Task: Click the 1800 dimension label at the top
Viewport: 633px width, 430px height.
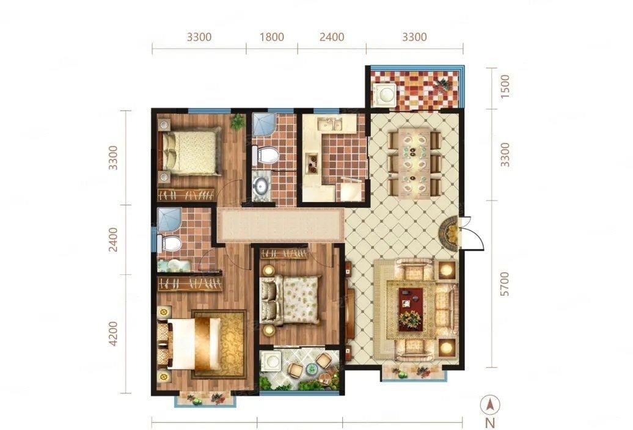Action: [x=272, y=37]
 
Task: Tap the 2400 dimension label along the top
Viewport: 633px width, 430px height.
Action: [x=332, y=37]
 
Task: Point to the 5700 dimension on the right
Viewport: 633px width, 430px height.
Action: [x=505, y=284]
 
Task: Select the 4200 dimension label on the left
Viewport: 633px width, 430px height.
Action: [x=114, y=333]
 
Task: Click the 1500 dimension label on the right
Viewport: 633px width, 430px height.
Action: [x=505, y=86]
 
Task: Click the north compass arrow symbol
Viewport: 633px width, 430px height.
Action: [x=490, y=404]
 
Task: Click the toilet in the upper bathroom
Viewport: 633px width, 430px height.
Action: [x=265, y=155]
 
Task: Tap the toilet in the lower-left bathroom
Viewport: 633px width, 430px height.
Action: [x=169, y=243]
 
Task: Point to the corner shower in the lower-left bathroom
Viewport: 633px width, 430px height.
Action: [x=169, y=220]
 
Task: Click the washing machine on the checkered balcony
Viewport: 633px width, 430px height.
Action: [x=385, y=95]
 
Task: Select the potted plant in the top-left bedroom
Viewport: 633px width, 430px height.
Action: [x=237, y=121]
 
